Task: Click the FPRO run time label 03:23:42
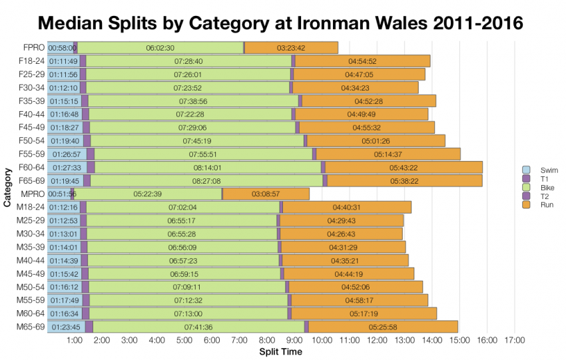tap(291, 48)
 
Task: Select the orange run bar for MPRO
tap(266, 194)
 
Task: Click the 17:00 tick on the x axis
tap(515, 341)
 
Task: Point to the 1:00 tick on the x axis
tap(75, 341)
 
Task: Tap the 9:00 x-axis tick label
tap(295, 341)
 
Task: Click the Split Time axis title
tap(280, 351)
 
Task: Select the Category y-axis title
tap(7, 188)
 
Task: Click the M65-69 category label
tap(30, 327)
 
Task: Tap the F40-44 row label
tap(30, 114)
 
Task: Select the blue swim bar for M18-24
tap(63, 208)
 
